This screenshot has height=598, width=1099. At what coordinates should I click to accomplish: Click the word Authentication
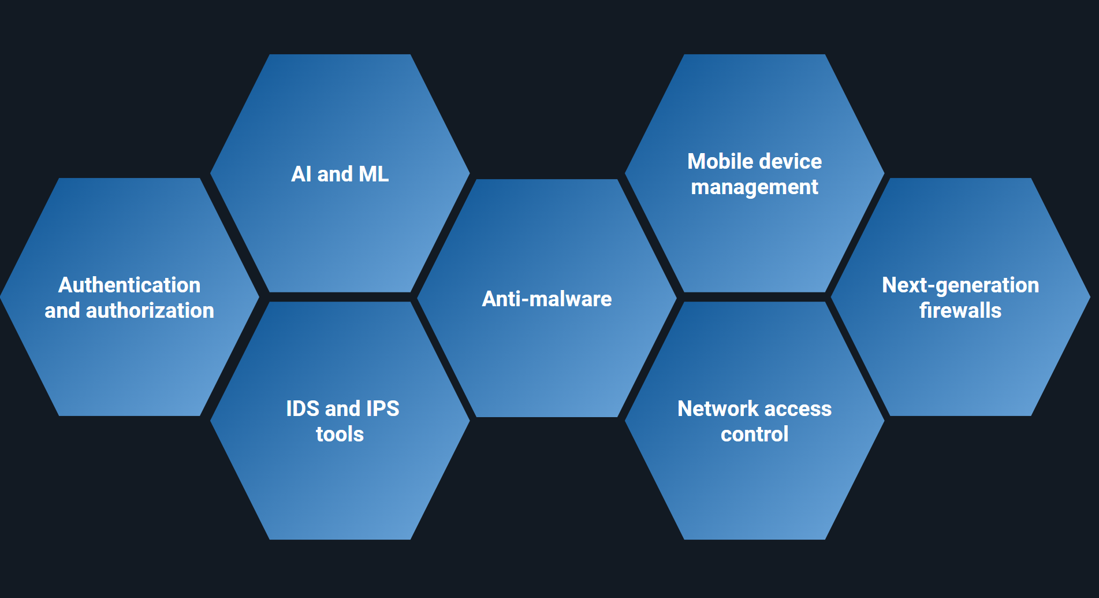pos(129,285)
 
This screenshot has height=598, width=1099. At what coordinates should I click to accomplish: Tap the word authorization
pos(150,311)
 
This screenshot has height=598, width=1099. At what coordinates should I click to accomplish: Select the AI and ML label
pos(340,174)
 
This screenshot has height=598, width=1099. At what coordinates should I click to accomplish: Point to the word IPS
pos(382,408)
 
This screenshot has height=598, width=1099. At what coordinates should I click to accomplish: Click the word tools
pos(340,434)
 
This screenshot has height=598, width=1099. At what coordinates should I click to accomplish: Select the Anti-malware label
pos(546,299)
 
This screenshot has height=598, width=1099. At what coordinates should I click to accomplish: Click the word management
pos(754,187)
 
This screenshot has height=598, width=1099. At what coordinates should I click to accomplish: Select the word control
pos(754,434)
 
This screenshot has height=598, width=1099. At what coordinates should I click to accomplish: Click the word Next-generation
pos(960,285)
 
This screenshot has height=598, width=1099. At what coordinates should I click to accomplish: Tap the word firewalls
pos(960,311)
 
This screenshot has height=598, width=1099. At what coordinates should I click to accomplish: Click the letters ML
pos(373,174)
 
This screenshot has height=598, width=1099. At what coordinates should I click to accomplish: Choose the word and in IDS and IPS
pos(342,408)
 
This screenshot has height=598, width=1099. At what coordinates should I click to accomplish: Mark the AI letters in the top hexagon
pos(301,174)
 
